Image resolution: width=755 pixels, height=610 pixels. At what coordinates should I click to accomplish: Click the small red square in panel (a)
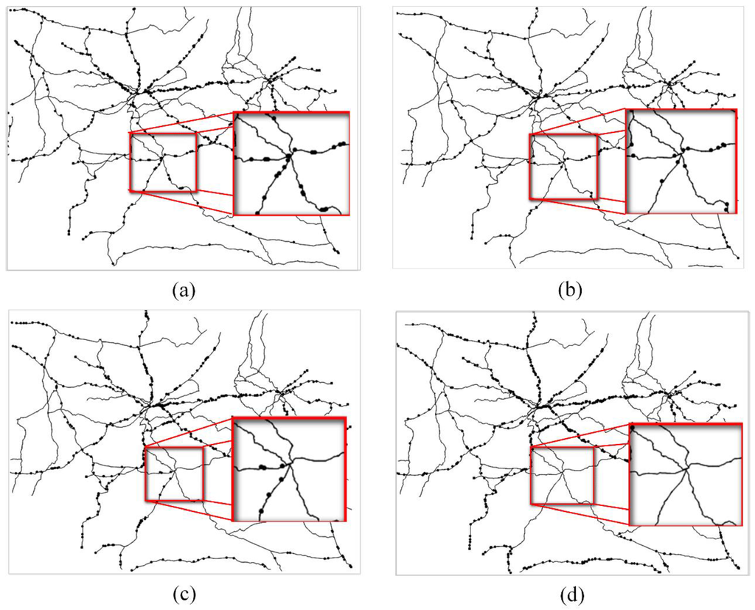click(x=163, y=162)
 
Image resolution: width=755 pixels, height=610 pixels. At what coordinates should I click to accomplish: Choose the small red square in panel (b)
click(x=563, y=167)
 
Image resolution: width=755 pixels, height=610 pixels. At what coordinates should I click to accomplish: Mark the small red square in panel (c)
click(x=173, y=474)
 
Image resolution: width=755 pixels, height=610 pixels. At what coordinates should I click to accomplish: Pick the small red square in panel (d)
click(x=562, y=476)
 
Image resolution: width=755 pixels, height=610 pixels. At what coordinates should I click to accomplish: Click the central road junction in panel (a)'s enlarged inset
click(x=292, y=152)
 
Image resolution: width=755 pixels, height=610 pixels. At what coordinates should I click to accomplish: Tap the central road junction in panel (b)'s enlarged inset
click(x=683, y=150)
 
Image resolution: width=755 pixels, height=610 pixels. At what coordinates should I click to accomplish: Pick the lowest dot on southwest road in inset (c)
click(x=260, y=513)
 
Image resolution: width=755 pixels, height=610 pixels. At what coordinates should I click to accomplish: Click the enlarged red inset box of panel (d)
click(x=686, y=474)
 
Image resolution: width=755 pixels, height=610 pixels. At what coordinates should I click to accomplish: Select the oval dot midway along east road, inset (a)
click(x=319, y=151)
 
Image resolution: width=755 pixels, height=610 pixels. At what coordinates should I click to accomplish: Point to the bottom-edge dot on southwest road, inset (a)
click(x=258, y=212)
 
